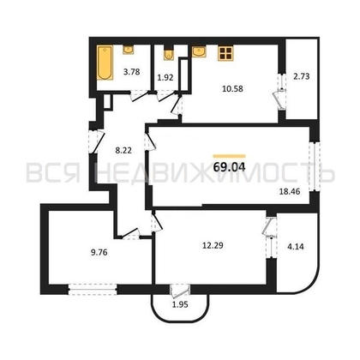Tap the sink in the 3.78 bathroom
point(128,51)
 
